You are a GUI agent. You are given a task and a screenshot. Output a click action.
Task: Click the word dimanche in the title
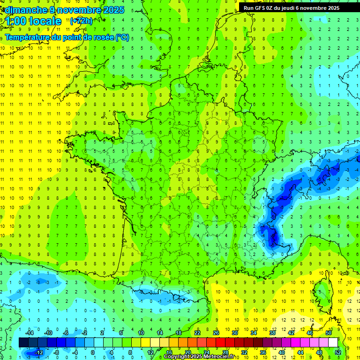[x=23, y=10]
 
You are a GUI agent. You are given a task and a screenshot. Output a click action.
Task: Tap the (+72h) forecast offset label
[x=81, y=21]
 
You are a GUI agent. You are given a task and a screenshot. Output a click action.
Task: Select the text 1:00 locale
[x=34, y=21]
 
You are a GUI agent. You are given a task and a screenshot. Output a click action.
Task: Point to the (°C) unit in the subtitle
[x=122, y=37]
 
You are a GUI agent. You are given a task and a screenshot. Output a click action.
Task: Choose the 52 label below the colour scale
[x=338, y=352]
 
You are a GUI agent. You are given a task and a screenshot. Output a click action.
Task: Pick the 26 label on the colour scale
[x=216, y=333]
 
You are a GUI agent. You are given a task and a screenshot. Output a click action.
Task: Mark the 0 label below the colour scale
[x=93, y=352]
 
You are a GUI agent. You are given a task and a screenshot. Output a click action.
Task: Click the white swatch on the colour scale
[x=333, y=343]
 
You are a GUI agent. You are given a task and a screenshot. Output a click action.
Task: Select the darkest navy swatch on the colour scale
[x=23, y=343]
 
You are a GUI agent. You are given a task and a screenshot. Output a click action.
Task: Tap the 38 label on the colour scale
[x=272, y=333]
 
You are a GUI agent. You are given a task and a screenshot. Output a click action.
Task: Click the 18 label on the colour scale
[x=179, y=333]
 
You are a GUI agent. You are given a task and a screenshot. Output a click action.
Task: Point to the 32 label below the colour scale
[x=244, y=352]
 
